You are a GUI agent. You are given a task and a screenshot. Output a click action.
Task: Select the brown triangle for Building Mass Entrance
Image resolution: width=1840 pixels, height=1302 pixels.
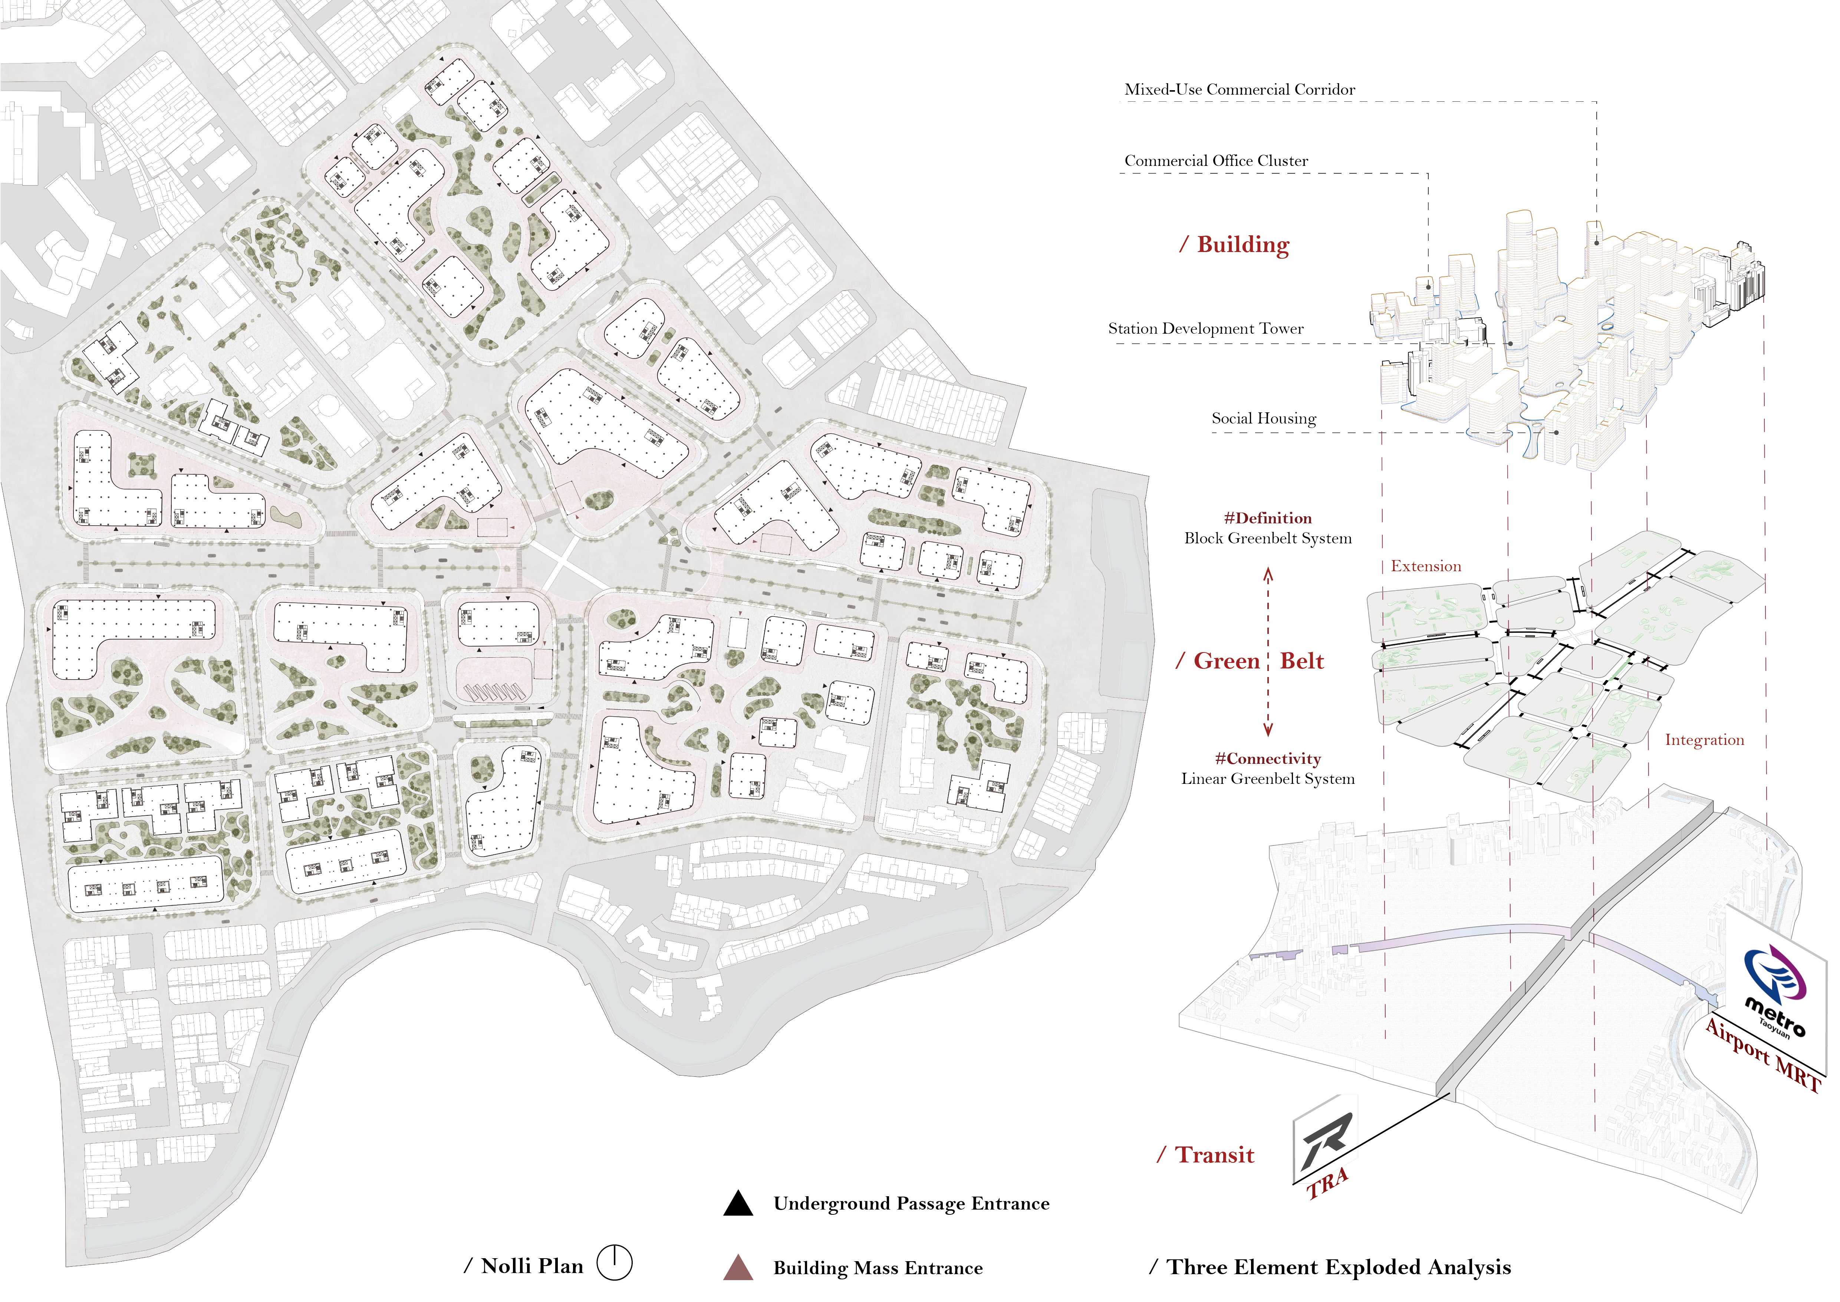(738, 1267)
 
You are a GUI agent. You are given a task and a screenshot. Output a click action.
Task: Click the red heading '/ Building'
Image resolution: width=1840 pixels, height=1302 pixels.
(1234, 245)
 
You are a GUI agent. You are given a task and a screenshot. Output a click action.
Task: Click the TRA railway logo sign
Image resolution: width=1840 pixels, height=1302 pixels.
(1324, 1139)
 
